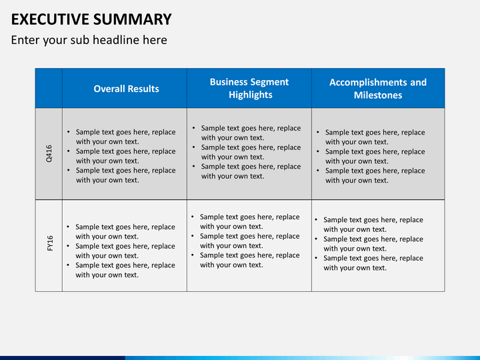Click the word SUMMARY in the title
(133, 19)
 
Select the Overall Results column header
(126, 89)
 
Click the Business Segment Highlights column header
(249, 88)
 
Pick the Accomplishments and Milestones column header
(378, 89)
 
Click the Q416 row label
(49, 154)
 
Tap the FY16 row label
(50, 243)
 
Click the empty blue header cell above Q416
(49, 88)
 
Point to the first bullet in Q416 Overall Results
(121, 137)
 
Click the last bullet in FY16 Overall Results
(121, 270)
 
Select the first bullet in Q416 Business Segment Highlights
(247, 133)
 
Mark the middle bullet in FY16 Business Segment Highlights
(245, 241)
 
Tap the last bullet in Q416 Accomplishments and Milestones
(371, 175)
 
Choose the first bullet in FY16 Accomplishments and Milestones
(369, 225)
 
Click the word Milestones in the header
(378, 95)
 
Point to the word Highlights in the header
(251, 95)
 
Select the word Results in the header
(143, 89)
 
